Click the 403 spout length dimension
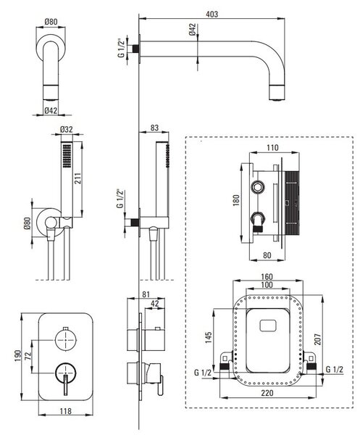[x=212, y=14]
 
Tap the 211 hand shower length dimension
[x=78, y=178]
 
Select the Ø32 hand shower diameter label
[x=66, y=129]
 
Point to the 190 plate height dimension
[x=17, y=356]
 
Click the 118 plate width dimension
[x=65, y=411]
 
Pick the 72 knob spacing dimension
[x=27, y=356]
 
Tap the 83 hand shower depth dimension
[x=154, y=128]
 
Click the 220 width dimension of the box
[x=267, y=393]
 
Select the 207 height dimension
[x=317, y=339]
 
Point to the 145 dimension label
[x=209, y=338]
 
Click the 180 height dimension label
[x=235, y=200]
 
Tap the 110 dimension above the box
[x=272, y=148]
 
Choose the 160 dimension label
[x=267, y=277]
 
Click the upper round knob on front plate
[x=65, y=339]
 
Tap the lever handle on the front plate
[x=65, y=384]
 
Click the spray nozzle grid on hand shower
[x=67, y=155]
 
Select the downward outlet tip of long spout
[x=277, y=93]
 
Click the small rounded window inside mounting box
[x=268, y=326]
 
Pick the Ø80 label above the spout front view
[x=51, y=22]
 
